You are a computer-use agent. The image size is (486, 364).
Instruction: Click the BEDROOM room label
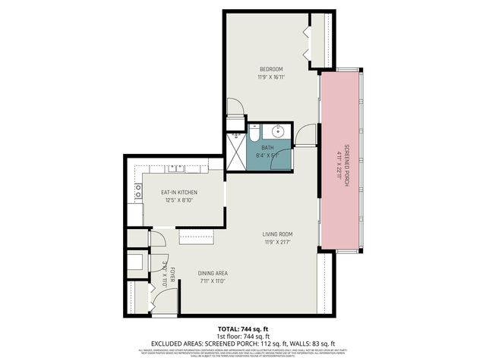tap(270, 68)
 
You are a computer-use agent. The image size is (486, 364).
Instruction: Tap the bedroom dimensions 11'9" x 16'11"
tap(270, 77)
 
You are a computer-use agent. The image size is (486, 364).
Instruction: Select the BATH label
tap(267, 148)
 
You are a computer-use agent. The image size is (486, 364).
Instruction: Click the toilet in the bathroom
tap(255, 129)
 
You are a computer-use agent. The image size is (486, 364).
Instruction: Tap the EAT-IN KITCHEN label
tap(179, 193)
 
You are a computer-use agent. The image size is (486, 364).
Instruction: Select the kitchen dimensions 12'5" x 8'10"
tap(179, 201)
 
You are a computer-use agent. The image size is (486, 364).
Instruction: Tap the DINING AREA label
tap(213, 273)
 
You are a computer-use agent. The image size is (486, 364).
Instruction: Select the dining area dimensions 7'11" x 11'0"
tap(213, 281)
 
